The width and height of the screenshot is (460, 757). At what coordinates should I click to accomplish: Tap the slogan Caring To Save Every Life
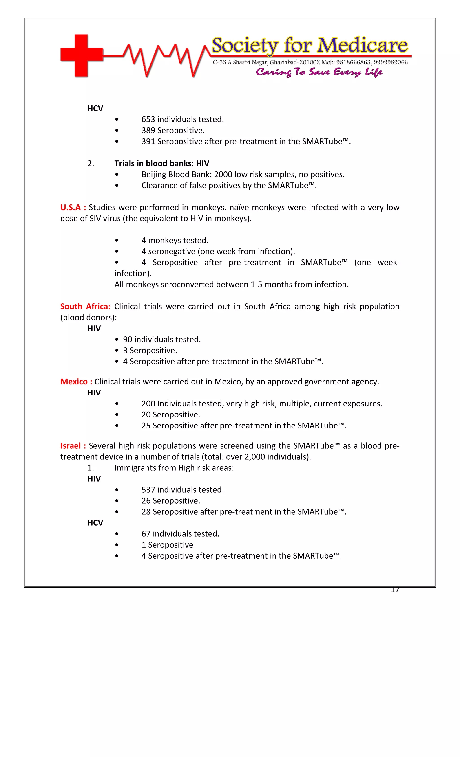319,72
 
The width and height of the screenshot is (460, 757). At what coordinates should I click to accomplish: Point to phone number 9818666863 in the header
353,62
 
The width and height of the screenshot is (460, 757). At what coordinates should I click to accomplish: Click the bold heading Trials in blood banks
153,163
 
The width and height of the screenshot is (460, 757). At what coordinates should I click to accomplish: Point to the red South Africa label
85,306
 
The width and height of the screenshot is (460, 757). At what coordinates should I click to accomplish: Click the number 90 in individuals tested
128,340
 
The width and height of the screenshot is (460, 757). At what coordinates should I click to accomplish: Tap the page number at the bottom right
395,590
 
